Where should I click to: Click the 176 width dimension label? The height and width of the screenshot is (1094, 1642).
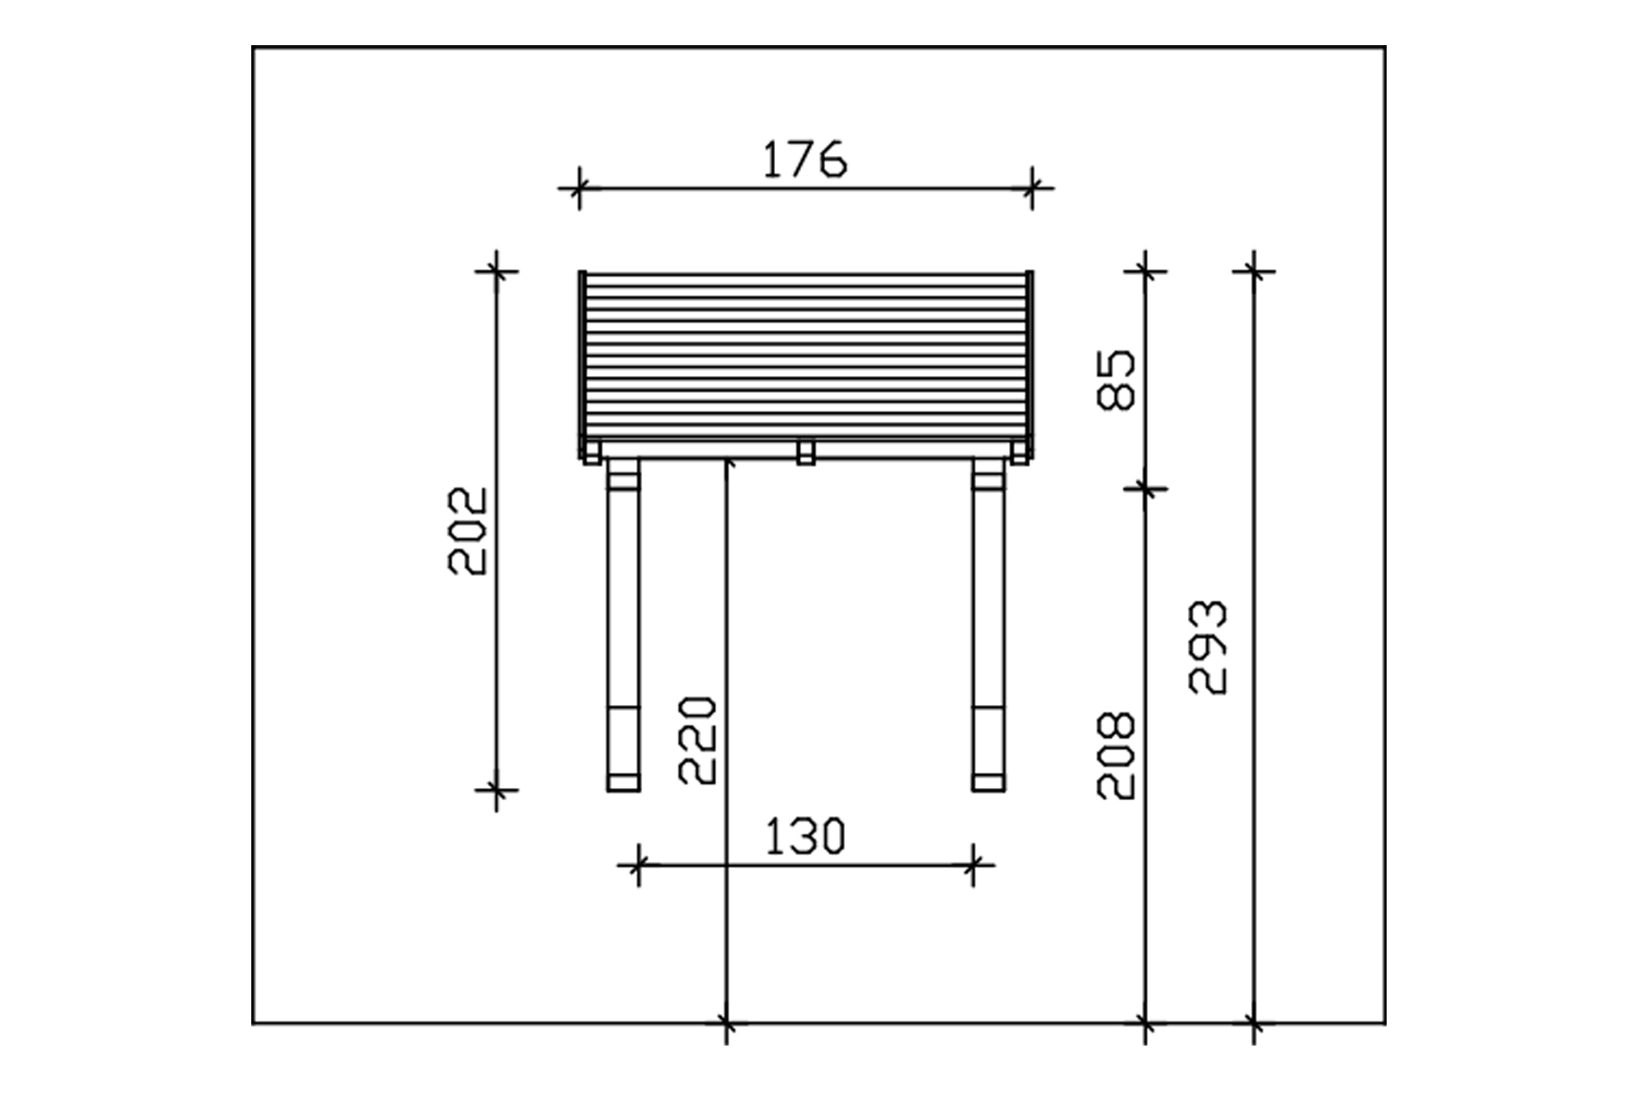[805, 160]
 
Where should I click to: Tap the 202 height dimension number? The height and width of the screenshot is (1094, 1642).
[468, 531]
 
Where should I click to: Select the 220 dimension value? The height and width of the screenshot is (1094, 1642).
[698, 740]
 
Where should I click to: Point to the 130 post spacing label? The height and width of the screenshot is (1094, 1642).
[805, 837]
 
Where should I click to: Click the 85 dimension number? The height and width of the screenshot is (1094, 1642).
[1117, 379]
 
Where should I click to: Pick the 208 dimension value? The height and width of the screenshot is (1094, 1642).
[1117, 755]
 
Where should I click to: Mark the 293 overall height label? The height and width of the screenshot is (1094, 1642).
[1209, 648]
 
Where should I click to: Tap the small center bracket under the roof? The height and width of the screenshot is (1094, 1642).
[805, 452]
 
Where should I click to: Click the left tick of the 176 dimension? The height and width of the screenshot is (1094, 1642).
[580, 189]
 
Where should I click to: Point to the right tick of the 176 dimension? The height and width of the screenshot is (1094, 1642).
[1032, 189]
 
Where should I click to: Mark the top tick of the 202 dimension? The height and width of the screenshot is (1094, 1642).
[496, 270]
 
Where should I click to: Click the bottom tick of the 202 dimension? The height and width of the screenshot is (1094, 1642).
[496, 790]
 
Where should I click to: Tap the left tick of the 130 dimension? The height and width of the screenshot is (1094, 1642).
[639, 864]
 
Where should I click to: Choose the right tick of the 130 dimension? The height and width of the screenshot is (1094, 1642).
[973, 864]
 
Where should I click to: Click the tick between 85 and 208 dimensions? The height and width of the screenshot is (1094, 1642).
[1145, 489]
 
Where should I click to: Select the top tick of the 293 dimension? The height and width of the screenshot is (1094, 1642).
[1254, 270]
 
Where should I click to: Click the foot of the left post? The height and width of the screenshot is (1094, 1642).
[623, 782]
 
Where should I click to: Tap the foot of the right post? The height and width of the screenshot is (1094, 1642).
[988, 782]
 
